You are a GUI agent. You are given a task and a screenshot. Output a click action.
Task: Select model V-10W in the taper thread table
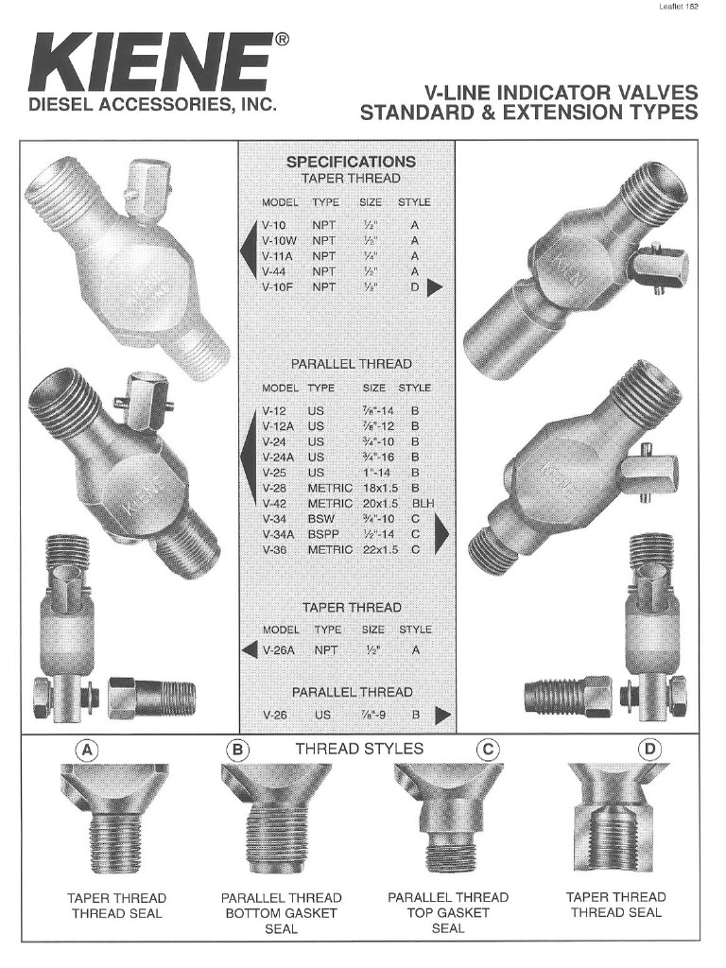(279, 241)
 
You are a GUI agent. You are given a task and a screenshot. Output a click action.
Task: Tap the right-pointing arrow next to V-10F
(435, 287)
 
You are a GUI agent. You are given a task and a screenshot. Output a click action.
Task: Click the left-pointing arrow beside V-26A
(250, 650)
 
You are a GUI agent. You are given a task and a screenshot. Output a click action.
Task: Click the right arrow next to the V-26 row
(441, 716)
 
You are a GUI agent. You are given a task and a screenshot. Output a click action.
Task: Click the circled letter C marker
(488, 750)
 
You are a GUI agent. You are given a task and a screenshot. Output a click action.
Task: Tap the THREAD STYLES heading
(359, 749)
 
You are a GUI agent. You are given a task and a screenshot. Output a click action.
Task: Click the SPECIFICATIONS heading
(351, 162)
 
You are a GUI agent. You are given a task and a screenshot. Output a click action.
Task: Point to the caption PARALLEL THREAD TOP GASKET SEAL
(448, 912)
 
